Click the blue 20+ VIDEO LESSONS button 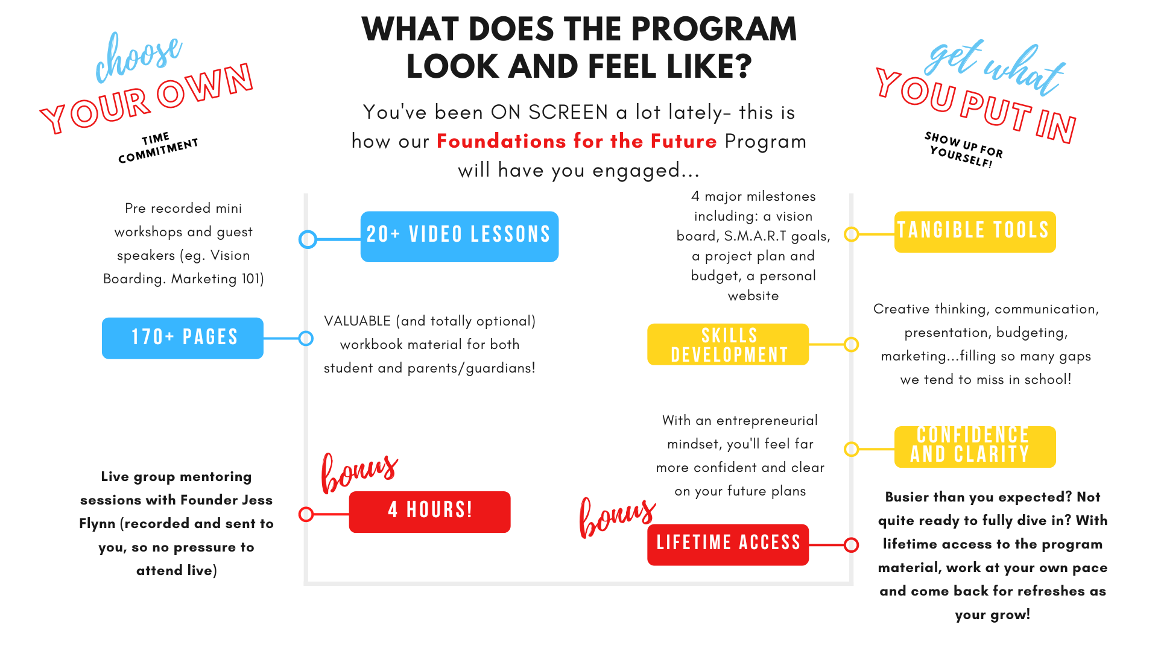coord(460,236)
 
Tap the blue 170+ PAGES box coord(183,338)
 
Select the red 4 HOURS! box coord(429,512)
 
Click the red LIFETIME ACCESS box coord(728,545)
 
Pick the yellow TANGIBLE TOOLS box coord(975,232)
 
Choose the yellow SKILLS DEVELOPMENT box coord(728,344)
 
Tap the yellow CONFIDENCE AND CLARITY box coord(975,447)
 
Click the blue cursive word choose coord(138,57)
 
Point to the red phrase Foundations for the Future coord(577,141)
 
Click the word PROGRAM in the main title coord(714,29)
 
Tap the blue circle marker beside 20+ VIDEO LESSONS coord(308,239)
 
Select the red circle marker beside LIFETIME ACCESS coord(851,545)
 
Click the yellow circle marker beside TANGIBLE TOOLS coord(851,234)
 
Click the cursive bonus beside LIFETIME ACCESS coord(617,517)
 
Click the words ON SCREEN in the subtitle coord(549,112)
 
